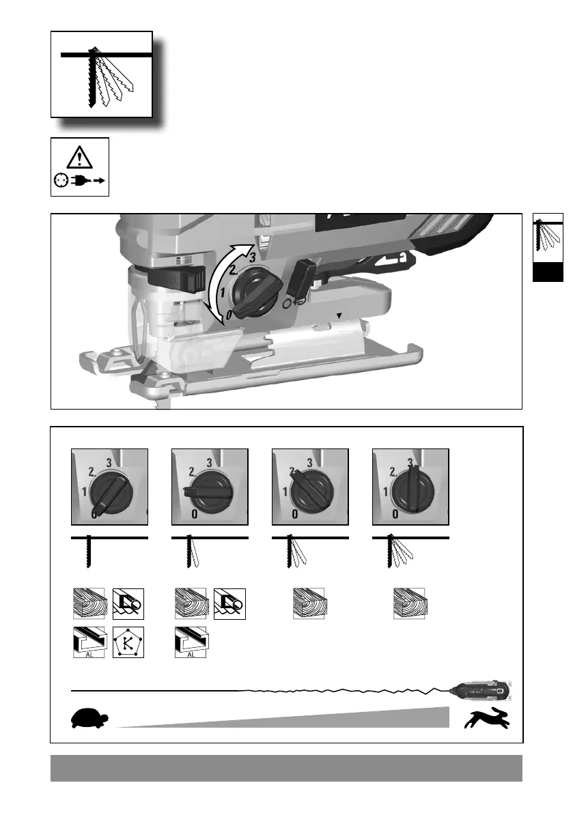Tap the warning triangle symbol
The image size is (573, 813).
tap(80, 158)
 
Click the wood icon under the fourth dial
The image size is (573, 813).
tap(410, 604)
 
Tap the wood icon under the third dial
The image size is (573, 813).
tap(309, 604)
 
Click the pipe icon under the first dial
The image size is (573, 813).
tap(128, 604)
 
